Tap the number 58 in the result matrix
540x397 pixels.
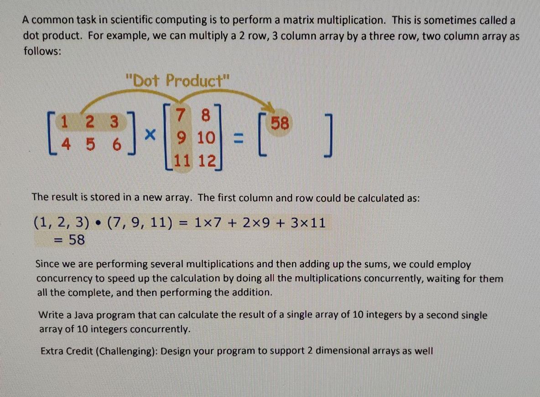(280, 123)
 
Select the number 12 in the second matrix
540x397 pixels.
(206, 161)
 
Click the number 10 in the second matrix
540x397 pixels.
(206, 138)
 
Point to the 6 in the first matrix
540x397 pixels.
(117, 144)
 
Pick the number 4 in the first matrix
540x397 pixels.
(65, 144)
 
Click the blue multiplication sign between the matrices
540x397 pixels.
(150, 134)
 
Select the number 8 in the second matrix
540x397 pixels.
(205, 115)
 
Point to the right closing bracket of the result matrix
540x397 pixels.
(329, 135)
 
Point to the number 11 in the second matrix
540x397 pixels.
(182, 161)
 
